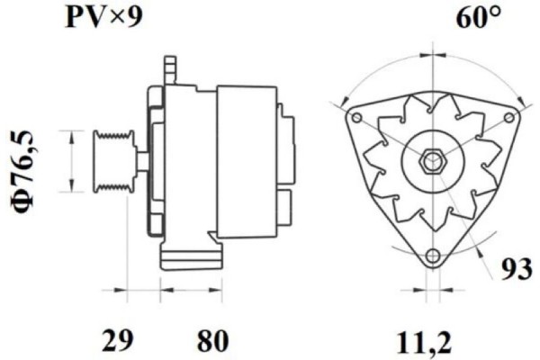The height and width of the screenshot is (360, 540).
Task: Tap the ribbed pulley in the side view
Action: point(113,161)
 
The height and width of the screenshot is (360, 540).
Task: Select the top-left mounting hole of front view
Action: point(357,119)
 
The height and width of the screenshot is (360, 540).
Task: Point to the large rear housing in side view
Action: point(246,162)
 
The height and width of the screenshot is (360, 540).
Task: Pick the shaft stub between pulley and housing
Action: point(142,162)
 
